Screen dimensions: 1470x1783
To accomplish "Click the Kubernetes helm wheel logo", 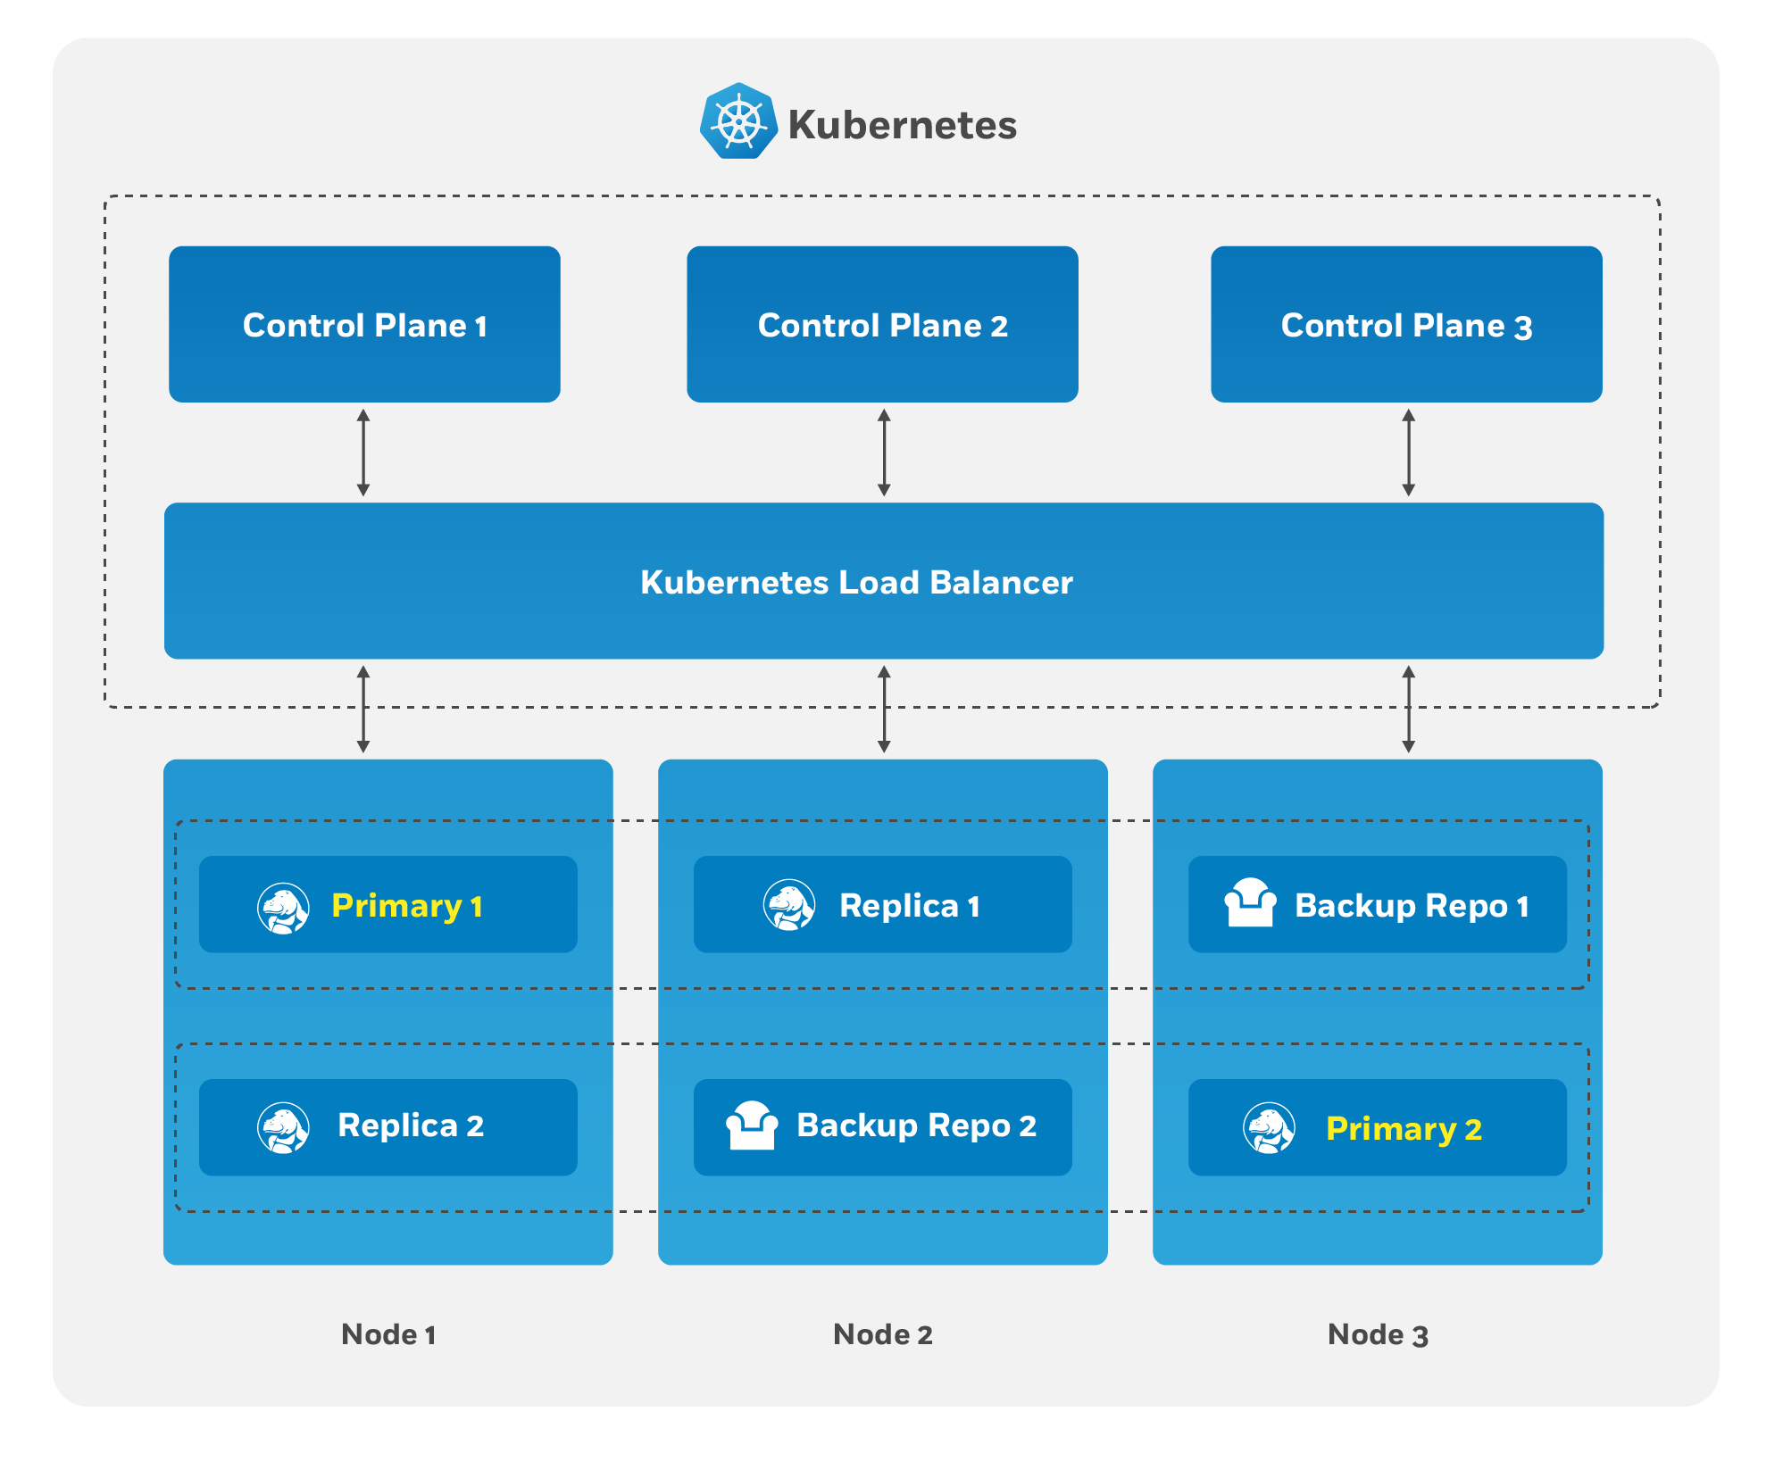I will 737,121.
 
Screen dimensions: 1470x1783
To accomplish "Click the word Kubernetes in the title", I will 902,125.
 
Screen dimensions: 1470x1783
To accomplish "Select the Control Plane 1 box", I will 364,324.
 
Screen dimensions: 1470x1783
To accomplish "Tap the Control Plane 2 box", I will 882,324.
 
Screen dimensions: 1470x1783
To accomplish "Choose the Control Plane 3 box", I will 1406,324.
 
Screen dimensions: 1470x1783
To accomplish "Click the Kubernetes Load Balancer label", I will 856,582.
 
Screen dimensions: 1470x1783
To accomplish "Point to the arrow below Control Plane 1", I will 363,453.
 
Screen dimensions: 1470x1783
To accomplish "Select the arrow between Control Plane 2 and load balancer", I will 884,453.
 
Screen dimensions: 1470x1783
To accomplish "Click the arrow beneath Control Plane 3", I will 1408,453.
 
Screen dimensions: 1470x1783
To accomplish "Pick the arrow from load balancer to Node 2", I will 884,710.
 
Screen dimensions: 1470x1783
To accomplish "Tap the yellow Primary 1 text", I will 407,906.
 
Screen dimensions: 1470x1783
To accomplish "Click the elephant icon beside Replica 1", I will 789,905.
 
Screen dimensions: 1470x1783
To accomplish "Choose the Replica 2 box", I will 387,1126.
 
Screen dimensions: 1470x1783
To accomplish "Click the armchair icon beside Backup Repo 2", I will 752,1125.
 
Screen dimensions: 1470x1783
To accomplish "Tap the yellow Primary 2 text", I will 1404,1129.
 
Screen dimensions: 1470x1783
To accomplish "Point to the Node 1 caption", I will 388,1334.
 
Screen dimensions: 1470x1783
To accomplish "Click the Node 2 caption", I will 882,1334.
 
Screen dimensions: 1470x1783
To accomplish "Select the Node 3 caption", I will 1378,1334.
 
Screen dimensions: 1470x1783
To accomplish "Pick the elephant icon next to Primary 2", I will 1269,1128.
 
